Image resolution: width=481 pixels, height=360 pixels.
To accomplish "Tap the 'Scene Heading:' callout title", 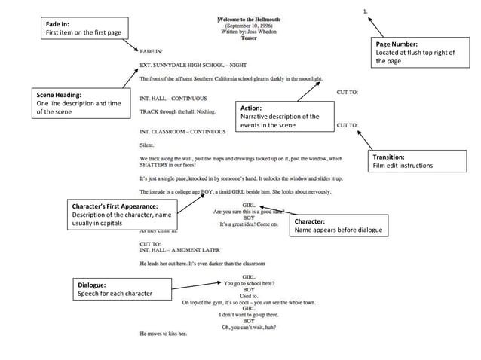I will [x=59, y=95].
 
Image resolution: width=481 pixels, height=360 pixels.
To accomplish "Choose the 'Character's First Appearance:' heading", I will [x=115, y=206].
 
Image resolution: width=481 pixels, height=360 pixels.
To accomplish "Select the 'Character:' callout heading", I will [x=310, y=221].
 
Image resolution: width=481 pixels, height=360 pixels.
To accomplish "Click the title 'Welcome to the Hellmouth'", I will [x=248, y=18].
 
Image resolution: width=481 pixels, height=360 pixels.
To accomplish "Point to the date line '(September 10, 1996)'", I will [x=248, y=25].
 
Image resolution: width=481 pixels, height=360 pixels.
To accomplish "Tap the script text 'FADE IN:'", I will [x=152, y=52].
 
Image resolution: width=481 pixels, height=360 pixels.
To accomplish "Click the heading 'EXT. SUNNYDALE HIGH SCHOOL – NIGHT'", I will [x=188, y=66].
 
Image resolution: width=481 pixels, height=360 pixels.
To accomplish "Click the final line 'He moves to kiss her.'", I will [x=164, y=333].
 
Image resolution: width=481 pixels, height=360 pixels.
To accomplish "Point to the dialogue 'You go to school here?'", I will [x=249, y=283].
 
